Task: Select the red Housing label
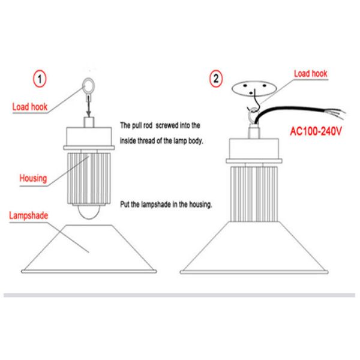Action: [34, 179]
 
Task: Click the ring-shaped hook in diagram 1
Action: [86, 82]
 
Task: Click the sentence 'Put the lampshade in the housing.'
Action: [166, 204]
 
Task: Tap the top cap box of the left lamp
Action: [89, 137]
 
